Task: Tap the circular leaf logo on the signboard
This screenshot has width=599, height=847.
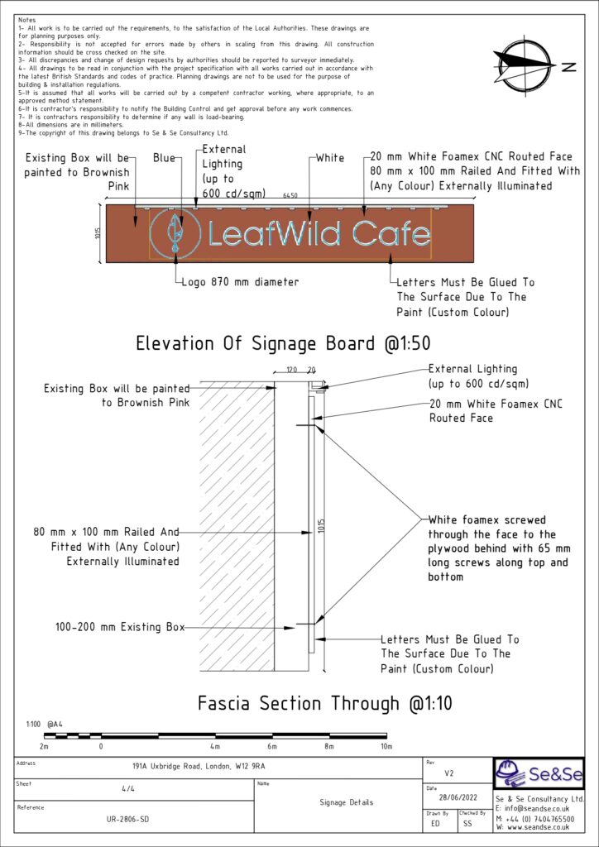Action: (173, 233)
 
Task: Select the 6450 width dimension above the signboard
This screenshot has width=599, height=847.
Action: (290, 196)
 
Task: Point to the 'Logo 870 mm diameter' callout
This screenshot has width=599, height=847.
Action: (240, 282)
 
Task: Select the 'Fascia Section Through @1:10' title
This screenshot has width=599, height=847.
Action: (324, 704)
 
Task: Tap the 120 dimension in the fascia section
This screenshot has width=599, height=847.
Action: (291, 371)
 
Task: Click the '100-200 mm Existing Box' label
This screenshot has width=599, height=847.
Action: (120, 627)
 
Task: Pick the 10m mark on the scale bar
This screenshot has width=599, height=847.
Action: (386, 746)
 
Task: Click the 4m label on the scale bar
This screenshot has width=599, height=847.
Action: (215, 746)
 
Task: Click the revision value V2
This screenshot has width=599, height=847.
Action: (449, 774)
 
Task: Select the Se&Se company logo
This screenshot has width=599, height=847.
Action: (540, 774)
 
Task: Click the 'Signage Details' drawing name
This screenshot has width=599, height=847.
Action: (346, 802)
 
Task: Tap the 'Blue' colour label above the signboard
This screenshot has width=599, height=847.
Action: (163, 158)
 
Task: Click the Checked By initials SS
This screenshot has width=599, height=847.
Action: (467, 824)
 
